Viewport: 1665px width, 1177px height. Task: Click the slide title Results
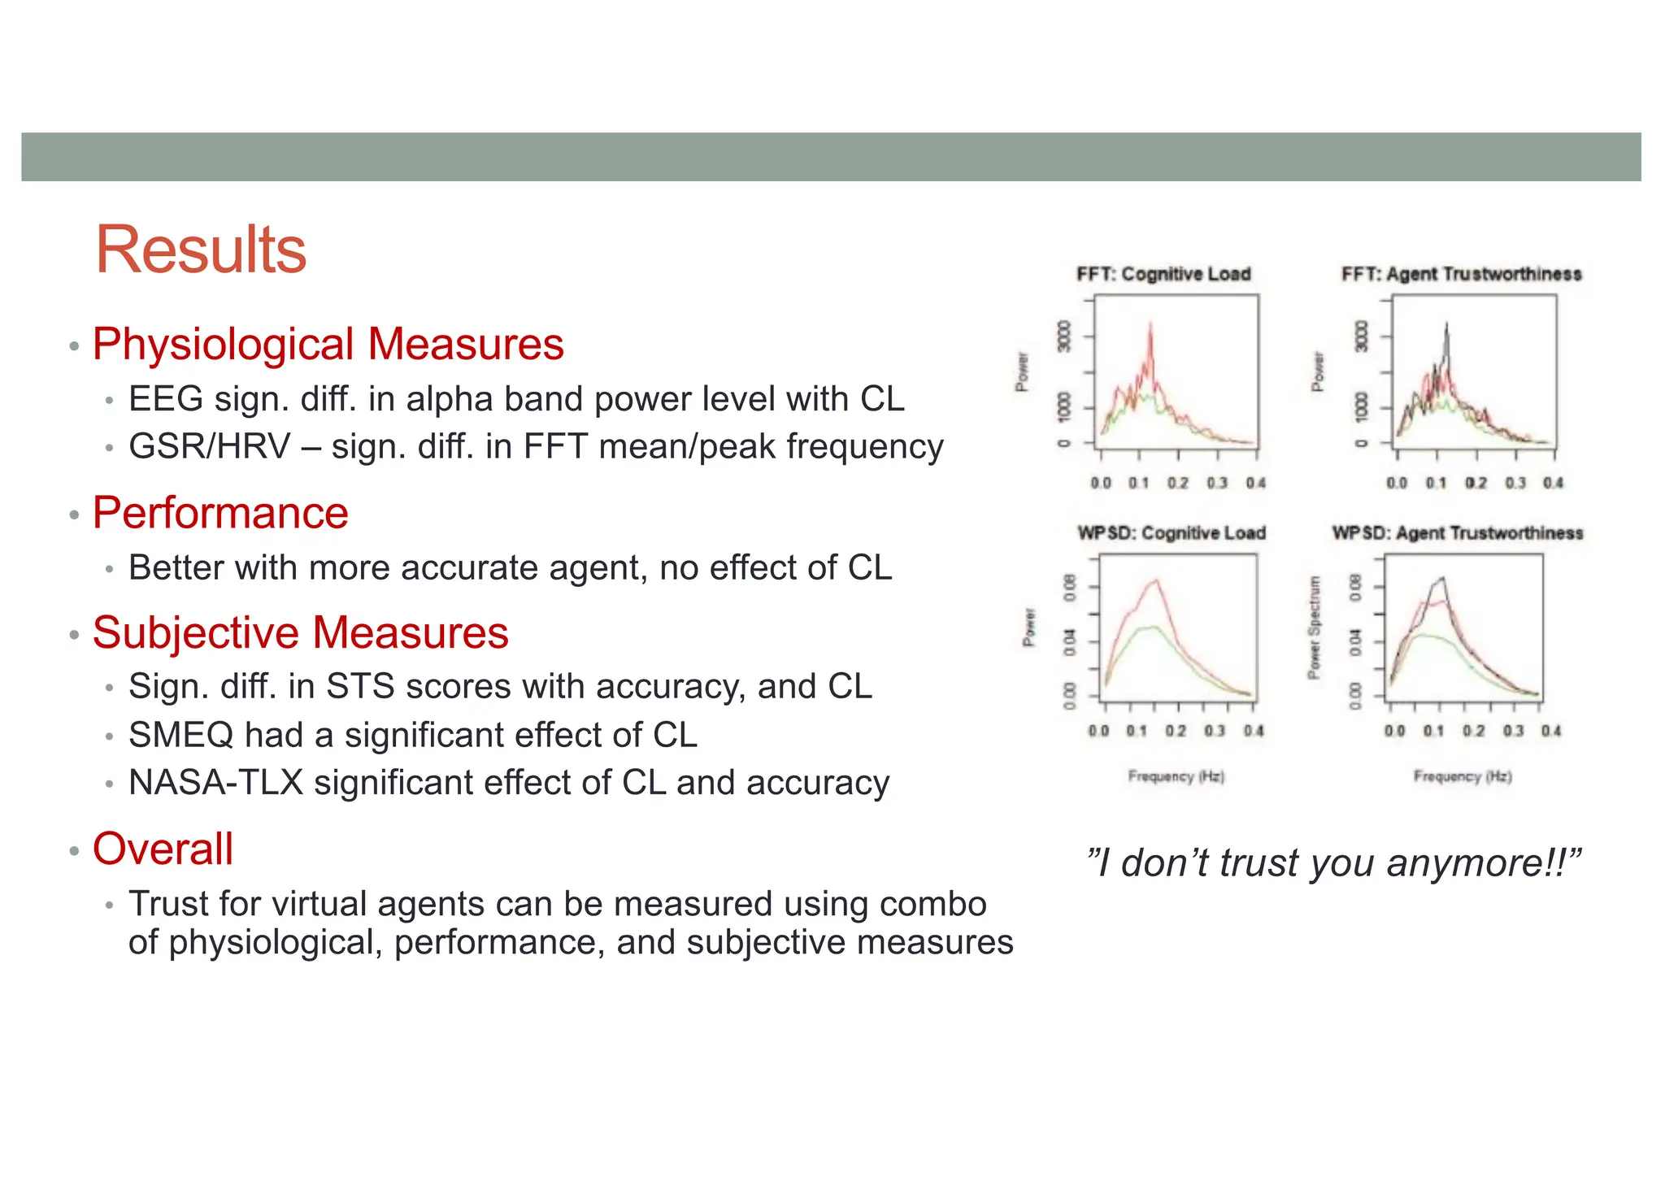point(201,250)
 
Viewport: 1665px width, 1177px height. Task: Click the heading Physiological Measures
point(328,344)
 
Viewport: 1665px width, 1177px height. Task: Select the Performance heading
point(220,513)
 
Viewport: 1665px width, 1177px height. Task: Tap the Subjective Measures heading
point(300,632)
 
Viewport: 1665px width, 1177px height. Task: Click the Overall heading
point(163,849)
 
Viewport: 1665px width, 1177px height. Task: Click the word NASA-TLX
point(215,783)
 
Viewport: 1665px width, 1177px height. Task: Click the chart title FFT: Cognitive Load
point(1163,274)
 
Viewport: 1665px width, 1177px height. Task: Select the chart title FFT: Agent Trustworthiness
point(1461,274)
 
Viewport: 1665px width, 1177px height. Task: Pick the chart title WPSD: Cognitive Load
point(1171,533)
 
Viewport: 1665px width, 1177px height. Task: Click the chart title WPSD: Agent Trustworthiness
point(1457,533)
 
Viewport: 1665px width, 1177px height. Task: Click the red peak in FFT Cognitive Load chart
point(1150,325)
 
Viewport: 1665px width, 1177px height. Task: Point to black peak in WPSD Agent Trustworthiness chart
point(1442,579)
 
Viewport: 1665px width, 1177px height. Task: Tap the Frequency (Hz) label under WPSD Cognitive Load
point(1176,776)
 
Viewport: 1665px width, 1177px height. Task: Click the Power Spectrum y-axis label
point(1314,628)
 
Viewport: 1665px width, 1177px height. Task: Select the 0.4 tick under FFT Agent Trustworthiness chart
point(1553,483)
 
